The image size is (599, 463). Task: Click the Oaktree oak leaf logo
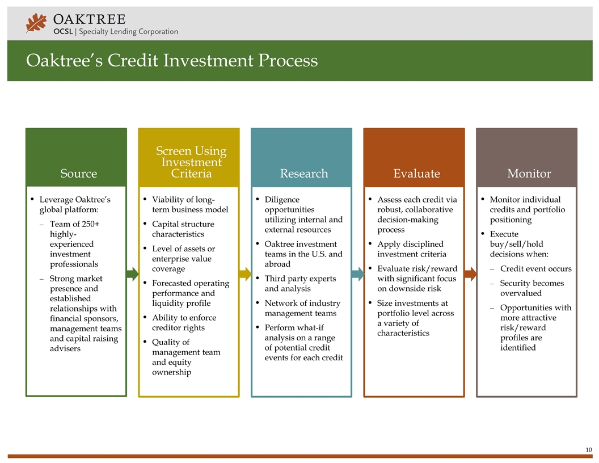pos(37,23)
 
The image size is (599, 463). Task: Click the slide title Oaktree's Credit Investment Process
pos(171,60)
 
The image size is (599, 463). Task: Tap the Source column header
pos(78,174)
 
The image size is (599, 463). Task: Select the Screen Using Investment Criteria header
pos(191,162)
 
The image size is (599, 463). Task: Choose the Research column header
pos(304,174)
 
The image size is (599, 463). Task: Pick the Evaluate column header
pos(417,174)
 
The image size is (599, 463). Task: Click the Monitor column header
pos(529,174)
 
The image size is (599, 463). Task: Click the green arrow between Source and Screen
pos(132,274)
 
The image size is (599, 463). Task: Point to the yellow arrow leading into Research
pos(244,274)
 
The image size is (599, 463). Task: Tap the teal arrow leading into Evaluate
pos(357,274)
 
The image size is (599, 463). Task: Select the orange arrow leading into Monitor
pos(470,274)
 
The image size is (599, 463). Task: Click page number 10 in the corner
pos(588,450)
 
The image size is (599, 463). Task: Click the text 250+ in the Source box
pos(89,224)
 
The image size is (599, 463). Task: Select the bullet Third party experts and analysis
pos(300,284)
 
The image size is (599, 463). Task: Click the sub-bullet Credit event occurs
pos(535,269)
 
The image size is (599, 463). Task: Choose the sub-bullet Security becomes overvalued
pos(531,288)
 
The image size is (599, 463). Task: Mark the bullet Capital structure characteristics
pos(183,229)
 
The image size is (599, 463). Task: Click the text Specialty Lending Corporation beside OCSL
pos(128,32)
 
